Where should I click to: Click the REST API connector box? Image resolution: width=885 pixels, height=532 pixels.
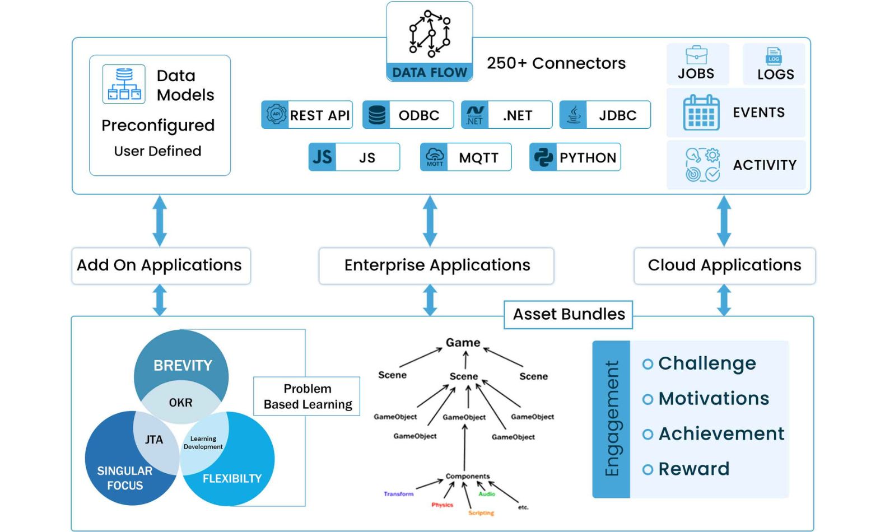[307, 115]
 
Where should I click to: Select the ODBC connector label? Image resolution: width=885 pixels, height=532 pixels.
[418, 115]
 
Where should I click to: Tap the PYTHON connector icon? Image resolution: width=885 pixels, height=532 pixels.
[543, 157]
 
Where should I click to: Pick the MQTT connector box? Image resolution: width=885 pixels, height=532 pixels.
[465, 157]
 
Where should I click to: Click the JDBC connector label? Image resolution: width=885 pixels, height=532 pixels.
[617, 115]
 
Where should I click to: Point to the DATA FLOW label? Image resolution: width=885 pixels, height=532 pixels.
[430, 72]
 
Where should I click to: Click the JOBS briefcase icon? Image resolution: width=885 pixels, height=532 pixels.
[696, 55]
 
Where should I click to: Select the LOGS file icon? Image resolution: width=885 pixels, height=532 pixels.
[774, 56]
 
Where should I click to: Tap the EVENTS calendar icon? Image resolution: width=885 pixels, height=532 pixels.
[701, 113]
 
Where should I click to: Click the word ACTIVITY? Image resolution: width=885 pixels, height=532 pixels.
[765, 165]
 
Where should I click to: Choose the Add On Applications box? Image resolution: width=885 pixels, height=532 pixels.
[160, 265]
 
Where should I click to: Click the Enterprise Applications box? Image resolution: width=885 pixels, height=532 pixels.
[436, 265]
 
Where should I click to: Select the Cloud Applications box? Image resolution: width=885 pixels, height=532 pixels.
[724, 265]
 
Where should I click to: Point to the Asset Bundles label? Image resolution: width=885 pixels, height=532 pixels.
[569, 314]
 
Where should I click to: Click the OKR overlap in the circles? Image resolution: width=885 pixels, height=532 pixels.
[180, 403]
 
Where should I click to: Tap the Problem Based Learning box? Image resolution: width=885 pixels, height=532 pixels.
[307, 396]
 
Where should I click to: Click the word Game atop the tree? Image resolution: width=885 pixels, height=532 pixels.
[463, 342]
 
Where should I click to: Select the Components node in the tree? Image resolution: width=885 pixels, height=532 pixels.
[467, 476]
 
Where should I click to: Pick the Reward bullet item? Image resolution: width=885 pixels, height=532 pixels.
[693, 469]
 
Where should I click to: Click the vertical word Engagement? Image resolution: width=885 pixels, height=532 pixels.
[612, 418]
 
